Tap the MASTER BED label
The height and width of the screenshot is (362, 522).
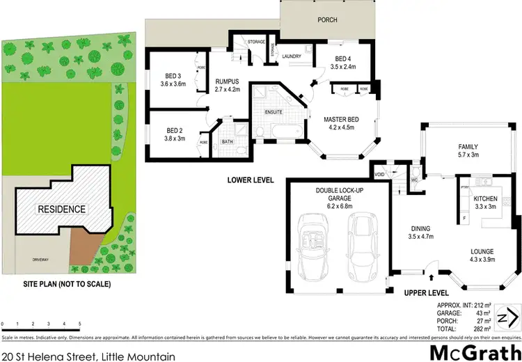pos(340,119)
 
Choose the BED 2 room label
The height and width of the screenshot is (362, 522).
pos(175,129)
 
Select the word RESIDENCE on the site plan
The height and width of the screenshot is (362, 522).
pos(61,209)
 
